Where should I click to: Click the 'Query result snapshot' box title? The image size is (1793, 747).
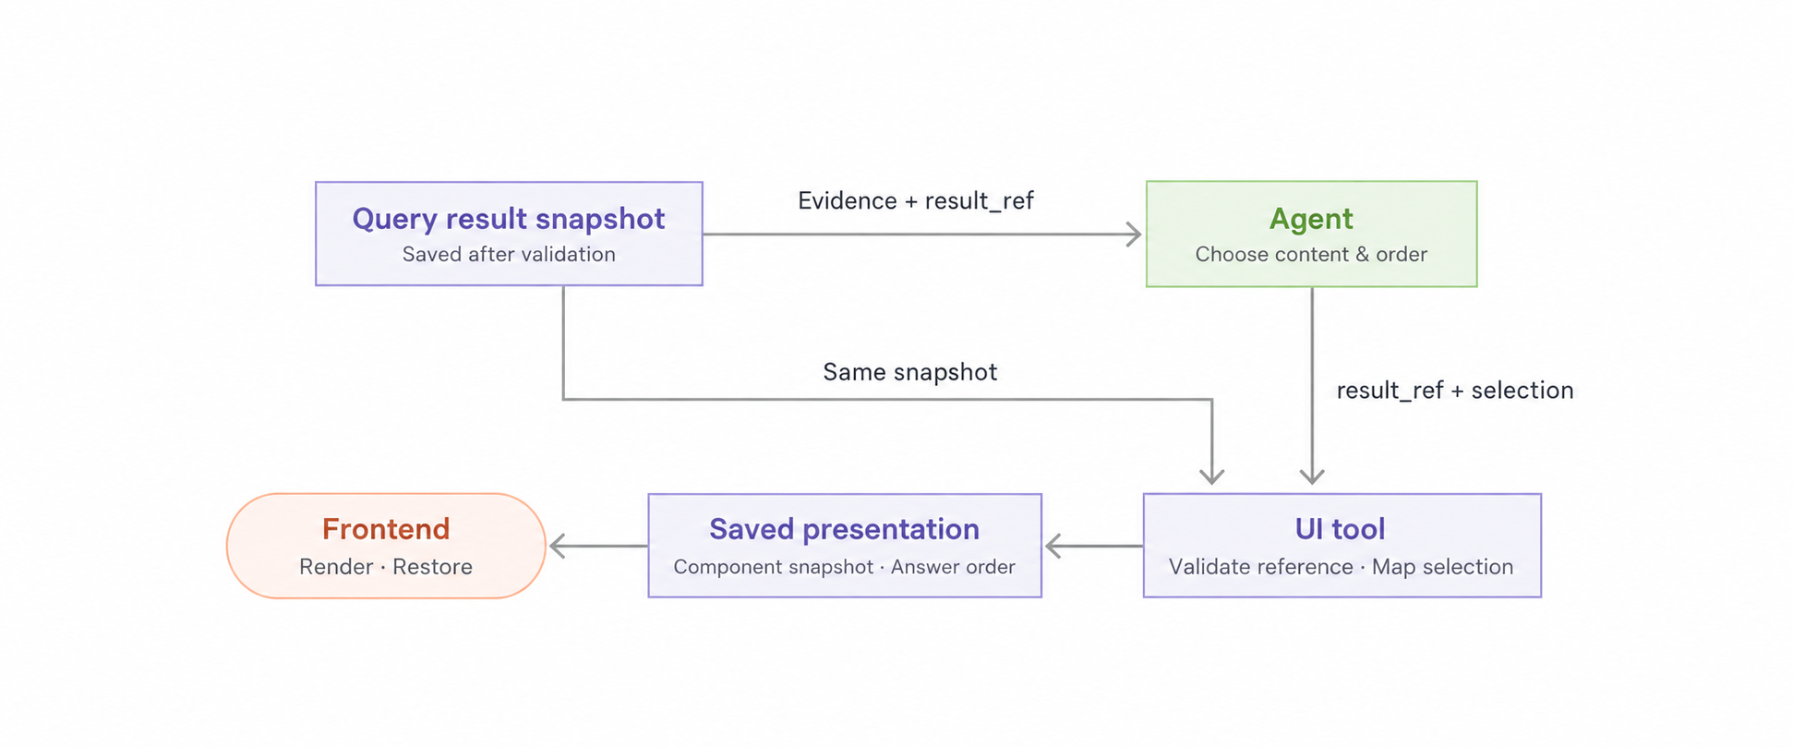(x=508, y=219)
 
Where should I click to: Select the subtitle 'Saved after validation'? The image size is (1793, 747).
(x=509, y=254)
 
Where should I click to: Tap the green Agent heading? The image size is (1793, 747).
(x=1311, y=219)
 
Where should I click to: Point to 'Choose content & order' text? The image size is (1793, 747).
(x=1311, y=254)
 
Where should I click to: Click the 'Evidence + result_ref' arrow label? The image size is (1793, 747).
(x=916, y=200)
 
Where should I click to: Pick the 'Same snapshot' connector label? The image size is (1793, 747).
(x=910, y=372)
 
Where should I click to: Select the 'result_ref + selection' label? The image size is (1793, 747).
(x=1455, y=391)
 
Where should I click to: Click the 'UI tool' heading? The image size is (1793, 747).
(x=1341, y=529)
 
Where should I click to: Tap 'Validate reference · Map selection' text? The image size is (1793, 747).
(x=1342, y=567)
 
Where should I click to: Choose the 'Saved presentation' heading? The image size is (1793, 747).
(x=844, y=529)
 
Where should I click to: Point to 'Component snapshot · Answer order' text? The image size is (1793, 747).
(x=844, y=567)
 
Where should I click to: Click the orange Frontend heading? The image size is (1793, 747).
(x=386, y=529)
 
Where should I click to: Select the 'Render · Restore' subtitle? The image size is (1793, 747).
(x=386, y=567)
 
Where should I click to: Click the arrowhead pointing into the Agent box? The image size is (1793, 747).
(x=1135, y=235)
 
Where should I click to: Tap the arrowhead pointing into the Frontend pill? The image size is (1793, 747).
(x=558, y=546)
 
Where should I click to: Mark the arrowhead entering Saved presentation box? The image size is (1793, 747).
(x=1053, y=546)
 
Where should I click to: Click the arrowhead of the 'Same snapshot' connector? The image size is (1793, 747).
(x=1212, y=476)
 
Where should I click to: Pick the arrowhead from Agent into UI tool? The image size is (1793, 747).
(x=1312, y=476)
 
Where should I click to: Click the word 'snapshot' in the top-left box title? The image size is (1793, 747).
(x=600, y=220)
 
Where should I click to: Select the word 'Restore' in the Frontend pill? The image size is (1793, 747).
(x=432, y=567)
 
